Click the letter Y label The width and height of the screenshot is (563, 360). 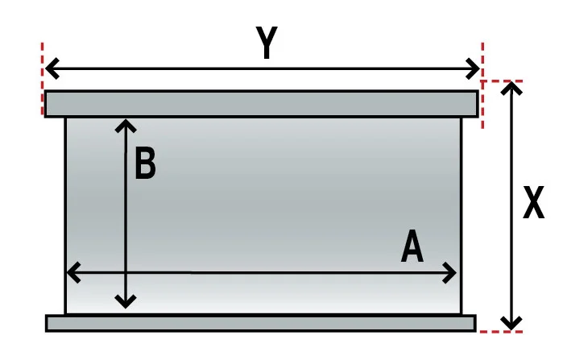(x=267, y=43)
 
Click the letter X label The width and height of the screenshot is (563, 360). (x=533, y=202)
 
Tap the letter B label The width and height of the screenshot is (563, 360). (x=145, y=163)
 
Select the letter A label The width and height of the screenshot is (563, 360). (x=412, y=246)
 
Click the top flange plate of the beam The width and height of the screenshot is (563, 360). (x=262, y=104)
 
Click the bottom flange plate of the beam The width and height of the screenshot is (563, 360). (x=261, y=323)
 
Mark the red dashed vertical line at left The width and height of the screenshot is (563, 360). (x=43, y=79)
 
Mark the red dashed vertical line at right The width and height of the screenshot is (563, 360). (x=482, y=85)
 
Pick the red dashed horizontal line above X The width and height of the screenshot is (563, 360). (x=501, y=81)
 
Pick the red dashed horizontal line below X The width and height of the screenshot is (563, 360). (x=501, y=331)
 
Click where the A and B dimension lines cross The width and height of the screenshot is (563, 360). (x=126, y=273)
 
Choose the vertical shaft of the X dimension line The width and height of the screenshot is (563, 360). (x=511, y=205)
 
